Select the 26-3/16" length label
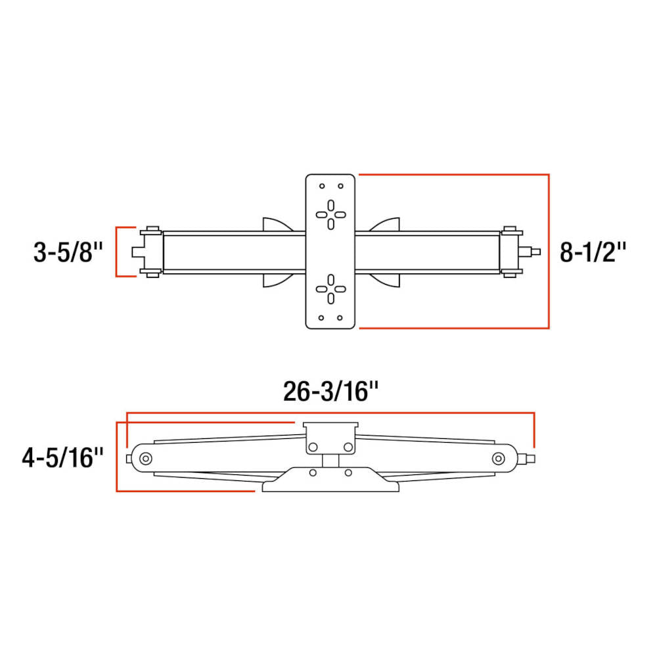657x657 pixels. pos(331,392)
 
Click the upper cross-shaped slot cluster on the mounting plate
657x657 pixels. pos(330,214)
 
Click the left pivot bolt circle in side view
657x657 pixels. pos(145,458)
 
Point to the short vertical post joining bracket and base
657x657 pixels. pos(330,460)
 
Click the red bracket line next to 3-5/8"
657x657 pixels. pos(117,252)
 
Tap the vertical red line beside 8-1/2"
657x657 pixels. pos(549,252)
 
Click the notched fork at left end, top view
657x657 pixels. pos(137,252)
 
